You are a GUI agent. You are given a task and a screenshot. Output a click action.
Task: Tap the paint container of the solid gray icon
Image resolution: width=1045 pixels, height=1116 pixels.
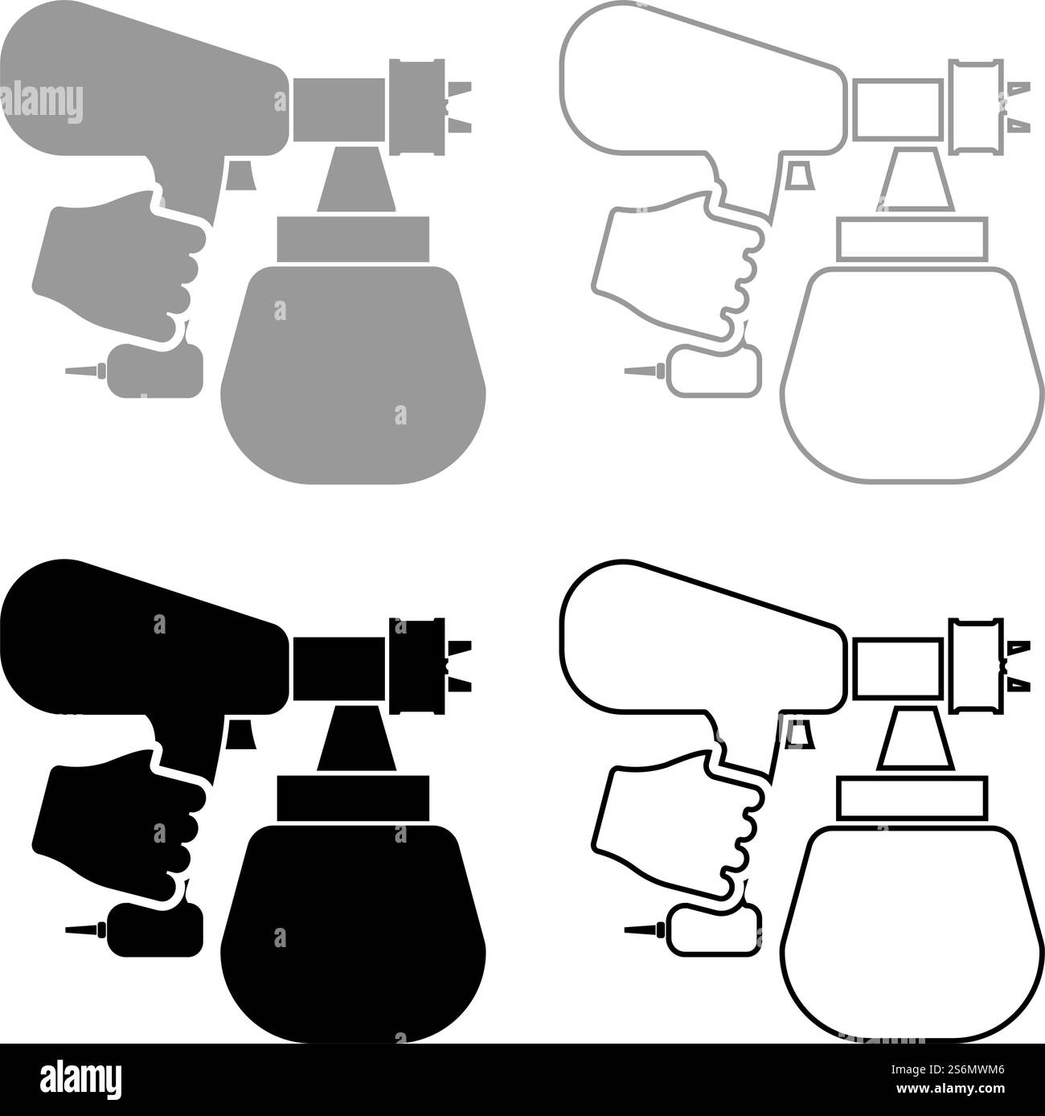click(354, 370)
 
